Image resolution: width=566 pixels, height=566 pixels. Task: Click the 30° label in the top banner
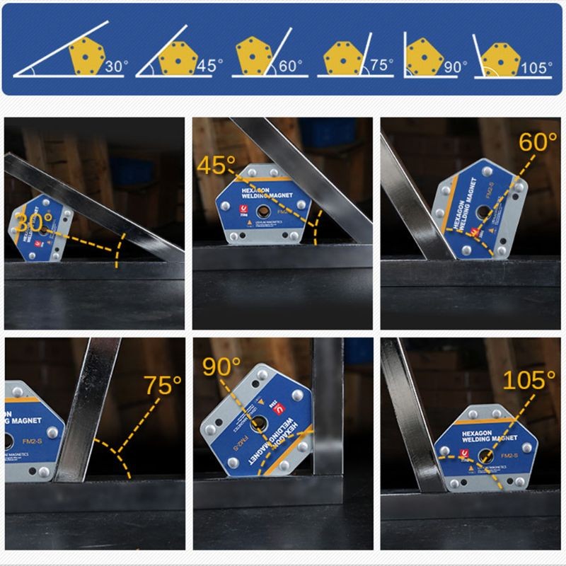click(x=117, y=67)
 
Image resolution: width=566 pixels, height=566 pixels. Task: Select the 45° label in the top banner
click(x=210, y=66)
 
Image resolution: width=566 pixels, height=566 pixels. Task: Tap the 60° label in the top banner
click(x=290, y=66)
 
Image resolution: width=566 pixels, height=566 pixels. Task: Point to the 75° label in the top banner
click(x=381, y=65)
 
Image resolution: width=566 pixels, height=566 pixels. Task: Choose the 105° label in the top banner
click(x=536, y=67)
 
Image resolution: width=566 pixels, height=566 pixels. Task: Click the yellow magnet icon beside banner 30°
click(x=88, y=55)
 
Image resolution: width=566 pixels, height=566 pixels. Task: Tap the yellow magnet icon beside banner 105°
click(x=501, y=59)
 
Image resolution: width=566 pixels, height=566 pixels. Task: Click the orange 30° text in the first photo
click(x=35, y=222)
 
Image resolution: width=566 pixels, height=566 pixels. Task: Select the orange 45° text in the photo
click(x=216, y=166)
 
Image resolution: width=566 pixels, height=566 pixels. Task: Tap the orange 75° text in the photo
click(x=163, y=385)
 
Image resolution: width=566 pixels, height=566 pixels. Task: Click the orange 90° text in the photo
click(x=222, y=367)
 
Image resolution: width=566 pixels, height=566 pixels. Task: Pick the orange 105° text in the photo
click(x=529, y=380)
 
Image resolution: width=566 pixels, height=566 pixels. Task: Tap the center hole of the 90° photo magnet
click(x=258, y=424)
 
